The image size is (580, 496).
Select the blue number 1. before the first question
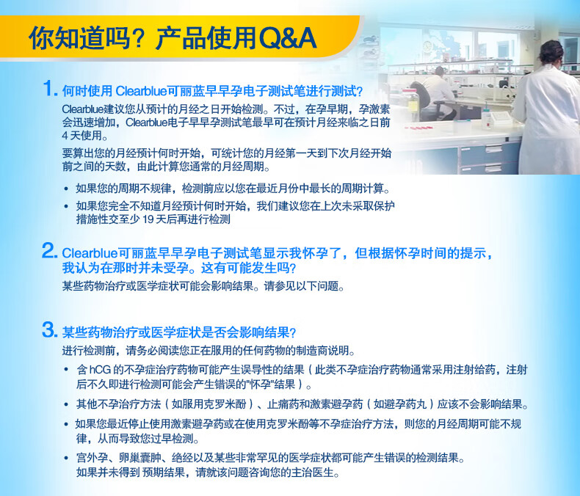point(49,90)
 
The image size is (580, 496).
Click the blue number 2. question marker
point(49,252)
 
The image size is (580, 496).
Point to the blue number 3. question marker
point(49,329)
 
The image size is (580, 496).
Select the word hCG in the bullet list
point(99,370)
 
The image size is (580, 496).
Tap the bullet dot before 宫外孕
point(67,458)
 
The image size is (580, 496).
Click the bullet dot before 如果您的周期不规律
point(67,188)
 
